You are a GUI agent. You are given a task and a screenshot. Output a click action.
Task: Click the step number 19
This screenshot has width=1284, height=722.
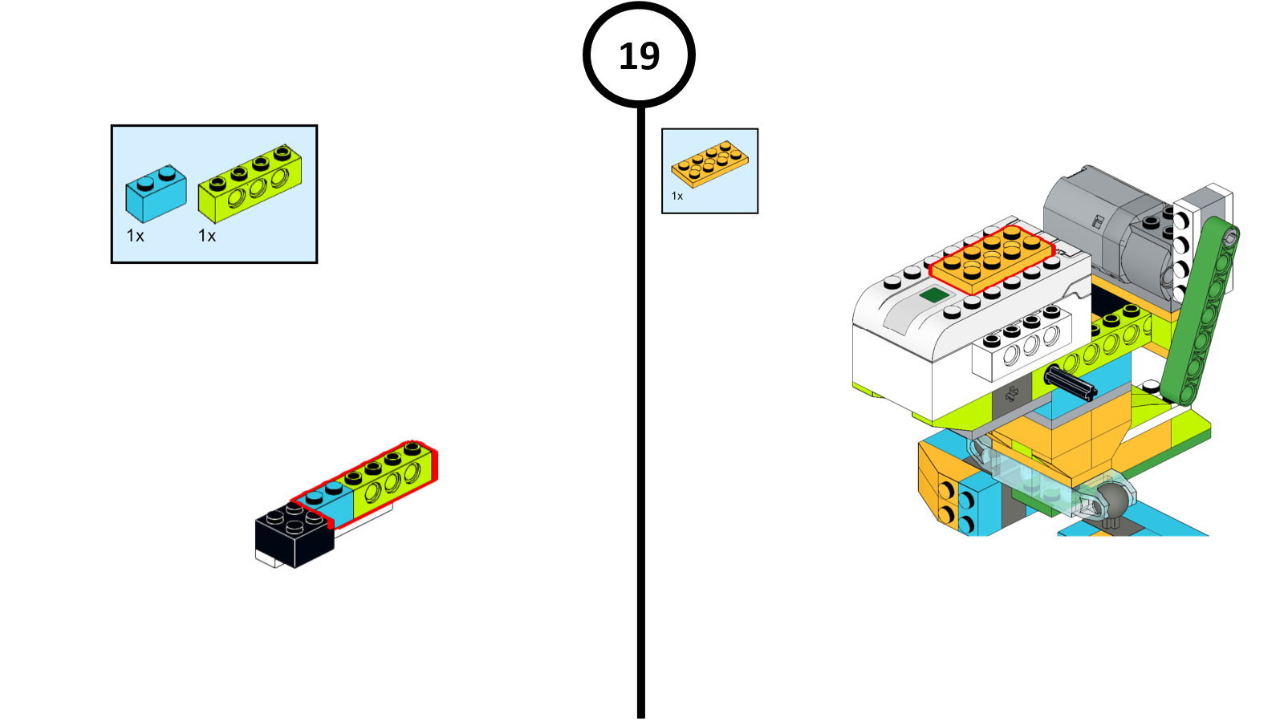coord(639,56)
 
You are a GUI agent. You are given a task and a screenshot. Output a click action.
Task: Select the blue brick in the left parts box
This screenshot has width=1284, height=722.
coord(156,194)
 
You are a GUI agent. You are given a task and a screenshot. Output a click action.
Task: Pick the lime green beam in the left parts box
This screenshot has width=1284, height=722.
coord(250,184)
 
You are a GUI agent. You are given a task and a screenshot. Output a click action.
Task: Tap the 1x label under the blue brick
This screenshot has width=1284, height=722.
coord(135,236)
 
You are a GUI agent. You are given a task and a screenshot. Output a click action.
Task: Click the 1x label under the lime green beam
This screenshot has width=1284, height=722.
coord(207,236)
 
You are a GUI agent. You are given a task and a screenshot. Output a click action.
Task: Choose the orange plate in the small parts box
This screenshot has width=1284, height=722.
coord(709,164)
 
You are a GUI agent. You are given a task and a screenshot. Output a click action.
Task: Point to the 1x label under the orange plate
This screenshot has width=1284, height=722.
coord(677,197)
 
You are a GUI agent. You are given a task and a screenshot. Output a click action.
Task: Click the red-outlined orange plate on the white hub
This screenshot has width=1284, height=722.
coord(992,258)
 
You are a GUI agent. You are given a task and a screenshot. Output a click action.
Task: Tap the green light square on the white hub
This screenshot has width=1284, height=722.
coord(934,295)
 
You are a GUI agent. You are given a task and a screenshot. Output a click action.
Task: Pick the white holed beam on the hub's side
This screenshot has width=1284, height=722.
coord(1022,346)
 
